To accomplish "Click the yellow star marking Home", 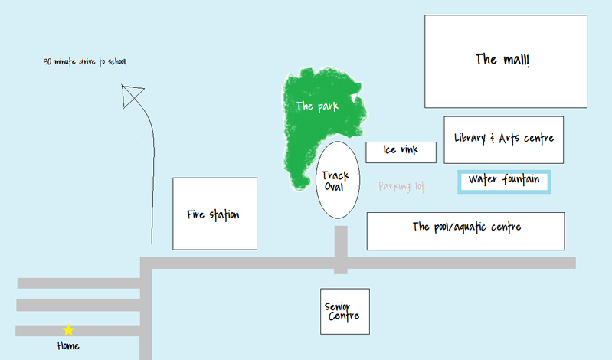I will point(68,330).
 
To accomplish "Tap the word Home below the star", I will point(68,346).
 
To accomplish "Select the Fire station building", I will point(214,214).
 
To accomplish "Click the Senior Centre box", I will point(345,311).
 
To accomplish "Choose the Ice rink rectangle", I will point(401,151).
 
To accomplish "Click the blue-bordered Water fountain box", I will point(504,181).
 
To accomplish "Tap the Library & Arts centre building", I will point(503,139).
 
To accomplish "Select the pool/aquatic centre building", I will point(466,230).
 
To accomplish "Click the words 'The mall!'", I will point(502,59).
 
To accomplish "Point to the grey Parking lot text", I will point(401,186).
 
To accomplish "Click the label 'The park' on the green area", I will point(316,106).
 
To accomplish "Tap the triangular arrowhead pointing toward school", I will point(132,96).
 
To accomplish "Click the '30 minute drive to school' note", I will point(85,61).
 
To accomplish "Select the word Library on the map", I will point(469,139).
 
